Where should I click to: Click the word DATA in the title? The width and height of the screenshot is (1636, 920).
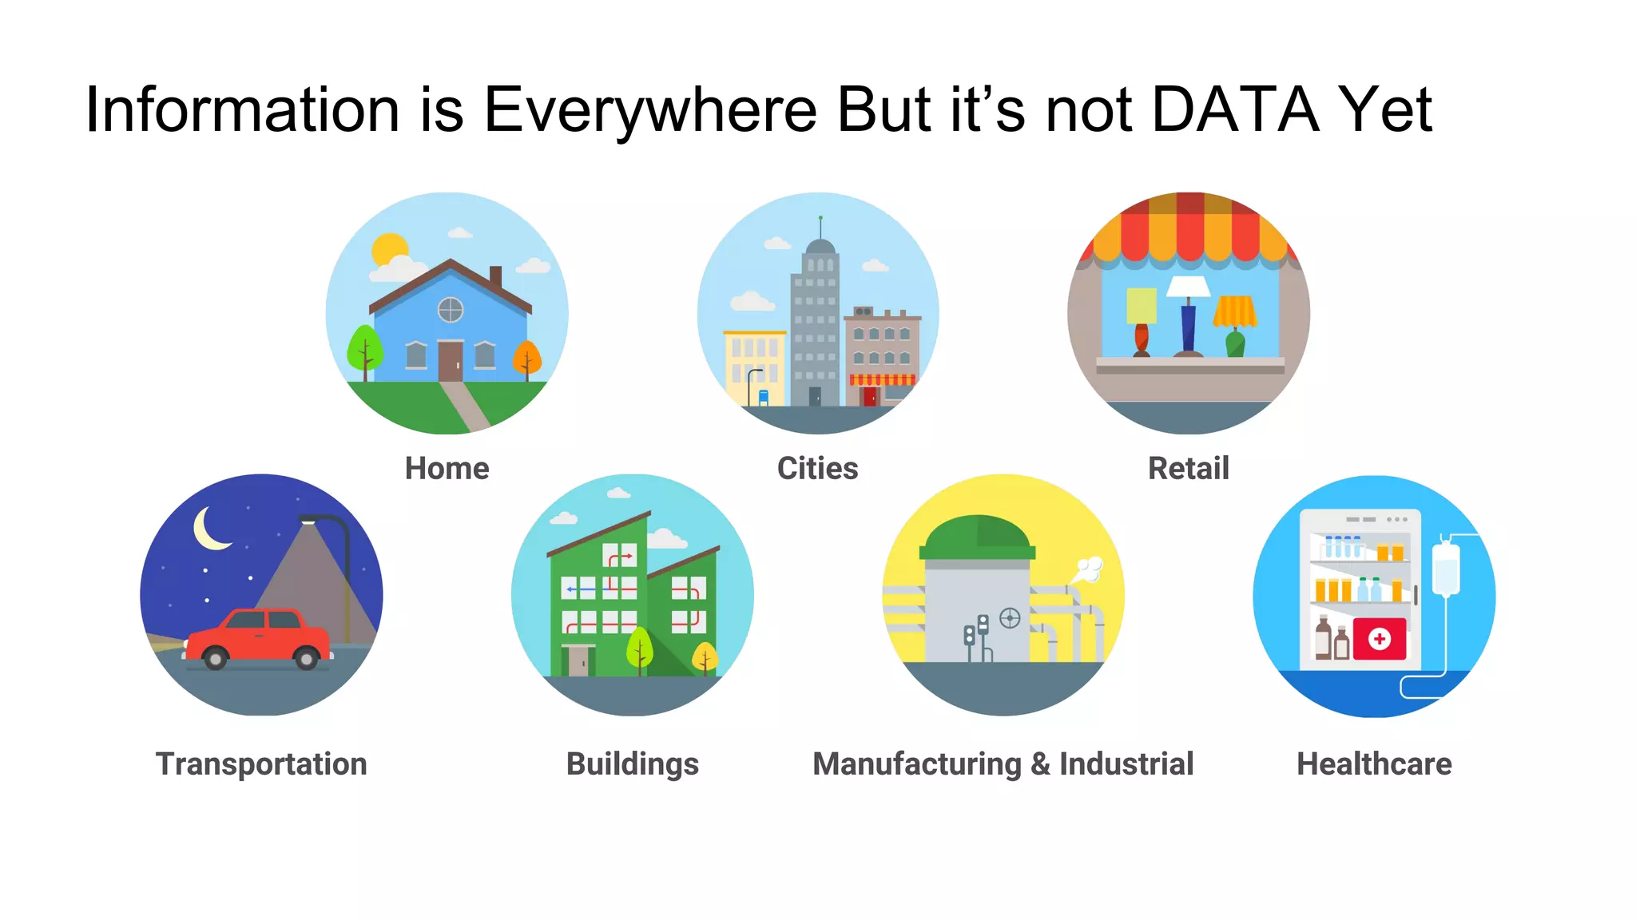[1235, 109]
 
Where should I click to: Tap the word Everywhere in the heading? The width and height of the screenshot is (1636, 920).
[650, 109]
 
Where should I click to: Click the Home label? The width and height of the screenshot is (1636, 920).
[447, 468]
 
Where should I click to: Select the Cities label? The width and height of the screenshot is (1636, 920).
[817, 468]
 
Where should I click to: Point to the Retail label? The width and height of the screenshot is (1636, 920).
[1188, 468]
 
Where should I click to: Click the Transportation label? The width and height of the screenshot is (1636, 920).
[261, 763]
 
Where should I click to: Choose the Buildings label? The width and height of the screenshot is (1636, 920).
[632, 763]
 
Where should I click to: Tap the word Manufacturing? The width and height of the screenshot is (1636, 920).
[916, 763]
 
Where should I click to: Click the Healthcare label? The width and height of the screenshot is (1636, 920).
[1374, 763]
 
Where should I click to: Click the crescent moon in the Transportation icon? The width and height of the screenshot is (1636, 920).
[209, 529]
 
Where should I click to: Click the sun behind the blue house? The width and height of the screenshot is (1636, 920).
[390, 249]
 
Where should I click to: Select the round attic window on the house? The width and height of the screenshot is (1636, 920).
[451, 309]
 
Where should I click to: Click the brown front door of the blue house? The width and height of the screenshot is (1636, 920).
[451, 360]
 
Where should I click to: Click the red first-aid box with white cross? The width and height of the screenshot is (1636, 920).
[1380, 639]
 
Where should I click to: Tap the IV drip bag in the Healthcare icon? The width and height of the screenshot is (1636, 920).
[1446, 569]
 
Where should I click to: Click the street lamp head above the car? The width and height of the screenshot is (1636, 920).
[309, 521]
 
